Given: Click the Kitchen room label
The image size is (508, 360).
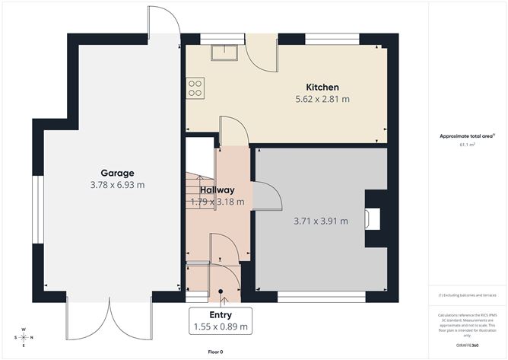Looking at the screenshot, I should (x=322, y=88).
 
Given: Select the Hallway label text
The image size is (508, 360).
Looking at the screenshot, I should (x=217, y=190).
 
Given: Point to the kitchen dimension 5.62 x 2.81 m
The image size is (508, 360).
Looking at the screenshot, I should (x=322, y=99).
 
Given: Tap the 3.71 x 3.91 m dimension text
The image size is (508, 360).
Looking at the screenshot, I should (x=320, y=221).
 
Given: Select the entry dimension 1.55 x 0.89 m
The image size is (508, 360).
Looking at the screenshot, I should (x=220, y=327).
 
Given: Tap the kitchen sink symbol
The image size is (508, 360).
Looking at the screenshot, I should (x=225, y=53).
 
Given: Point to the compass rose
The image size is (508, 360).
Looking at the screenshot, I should (x=24, y=337).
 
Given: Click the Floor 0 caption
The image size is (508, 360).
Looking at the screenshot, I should (x=215, y=352).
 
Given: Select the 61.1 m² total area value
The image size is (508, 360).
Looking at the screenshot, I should (x=467, y=144).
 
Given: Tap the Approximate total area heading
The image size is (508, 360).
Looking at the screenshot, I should (x=466, y=135).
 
